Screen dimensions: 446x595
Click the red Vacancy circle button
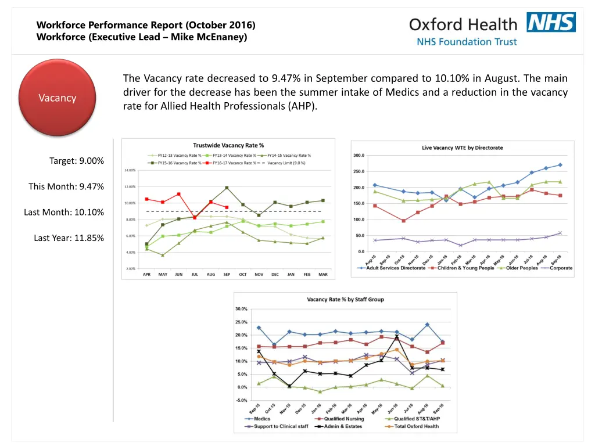pos(58,98)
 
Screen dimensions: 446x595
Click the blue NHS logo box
pos(551,22)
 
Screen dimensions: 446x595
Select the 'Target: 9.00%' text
pos(77,161)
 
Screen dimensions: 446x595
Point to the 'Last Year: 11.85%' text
pos(69,238)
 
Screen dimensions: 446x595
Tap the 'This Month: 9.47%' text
pos(66,186)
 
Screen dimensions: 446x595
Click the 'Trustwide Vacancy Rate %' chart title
pos(228,145)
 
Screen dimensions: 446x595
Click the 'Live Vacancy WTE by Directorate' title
pos(463,148)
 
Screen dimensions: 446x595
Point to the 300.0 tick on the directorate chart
pos(359,155)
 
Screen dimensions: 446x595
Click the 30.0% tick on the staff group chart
pos(241,309)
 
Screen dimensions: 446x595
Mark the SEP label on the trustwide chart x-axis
pos(227,275)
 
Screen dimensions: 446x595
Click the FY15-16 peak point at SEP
pos(227,188)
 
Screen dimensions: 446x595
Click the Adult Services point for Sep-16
pos(560,165)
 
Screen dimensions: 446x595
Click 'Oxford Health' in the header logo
pos(463,24)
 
